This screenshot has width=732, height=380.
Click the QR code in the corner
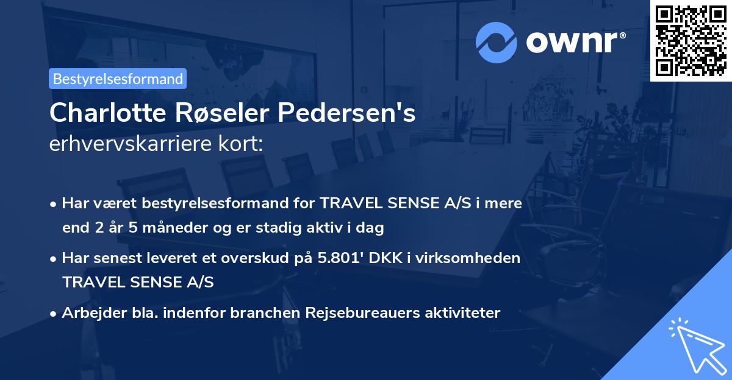[x=691, y=40]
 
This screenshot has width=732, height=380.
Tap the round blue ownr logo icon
[x=497, y=41]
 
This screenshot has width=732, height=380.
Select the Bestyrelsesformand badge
[x=118, y=79]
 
